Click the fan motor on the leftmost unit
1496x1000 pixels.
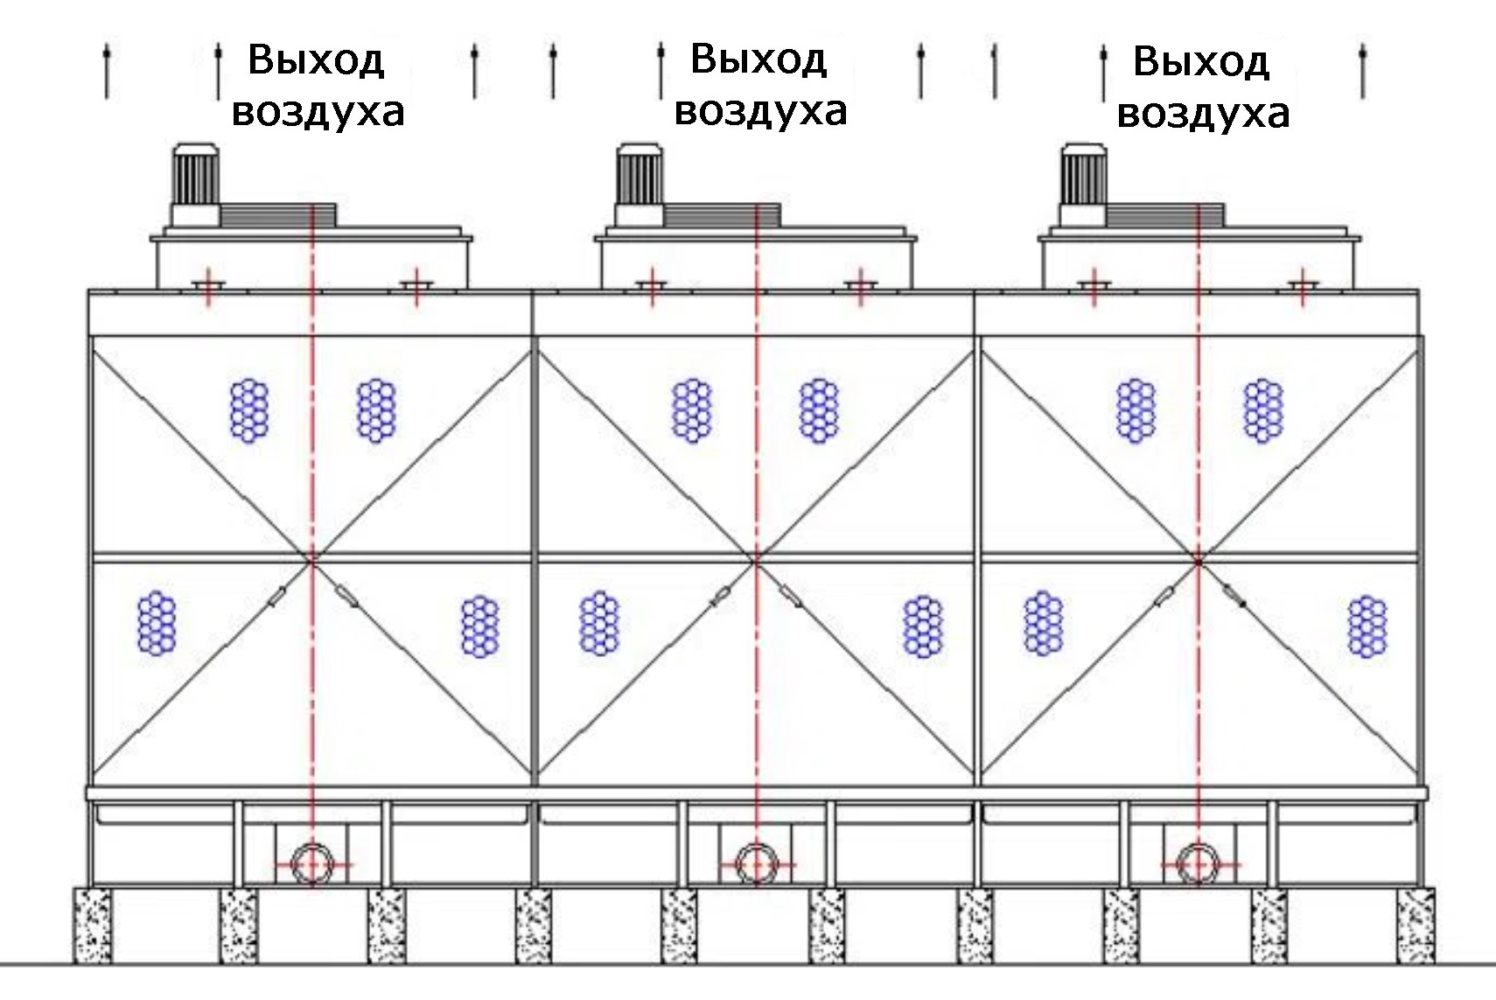coord(196,184)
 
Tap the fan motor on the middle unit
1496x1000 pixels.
coord(640,184)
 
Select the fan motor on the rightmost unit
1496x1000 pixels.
coord(1083,184)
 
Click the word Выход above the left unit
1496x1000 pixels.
coord(316,60)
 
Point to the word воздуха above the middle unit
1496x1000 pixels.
coord(761,111)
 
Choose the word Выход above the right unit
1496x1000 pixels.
coord(1201,61)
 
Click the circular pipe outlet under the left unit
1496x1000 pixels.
coord(312,864)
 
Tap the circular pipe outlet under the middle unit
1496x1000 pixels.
coord(757,864)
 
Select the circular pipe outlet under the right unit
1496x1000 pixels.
coord(1199,864)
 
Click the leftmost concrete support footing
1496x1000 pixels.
coord(92,925)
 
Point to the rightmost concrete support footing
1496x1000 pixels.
coord(1416,925)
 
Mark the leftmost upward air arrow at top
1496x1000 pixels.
coord(107,72)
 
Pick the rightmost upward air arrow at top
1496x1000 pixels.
coord(1363,72)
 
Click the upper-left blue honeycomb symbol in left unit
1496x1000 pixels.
coord(249,411)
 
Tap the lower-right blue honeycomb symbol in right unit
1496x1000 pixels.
coord(1367,626)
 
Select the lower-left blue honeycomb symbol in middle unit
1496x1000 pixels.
coord(599,623)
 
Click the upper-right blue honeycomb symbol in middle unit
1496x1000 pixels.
coord(819,411)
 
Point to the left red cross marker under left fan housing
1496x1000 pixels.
coord(207,287)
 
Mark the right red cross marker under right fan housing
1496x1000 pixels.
coord(1303,287)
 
